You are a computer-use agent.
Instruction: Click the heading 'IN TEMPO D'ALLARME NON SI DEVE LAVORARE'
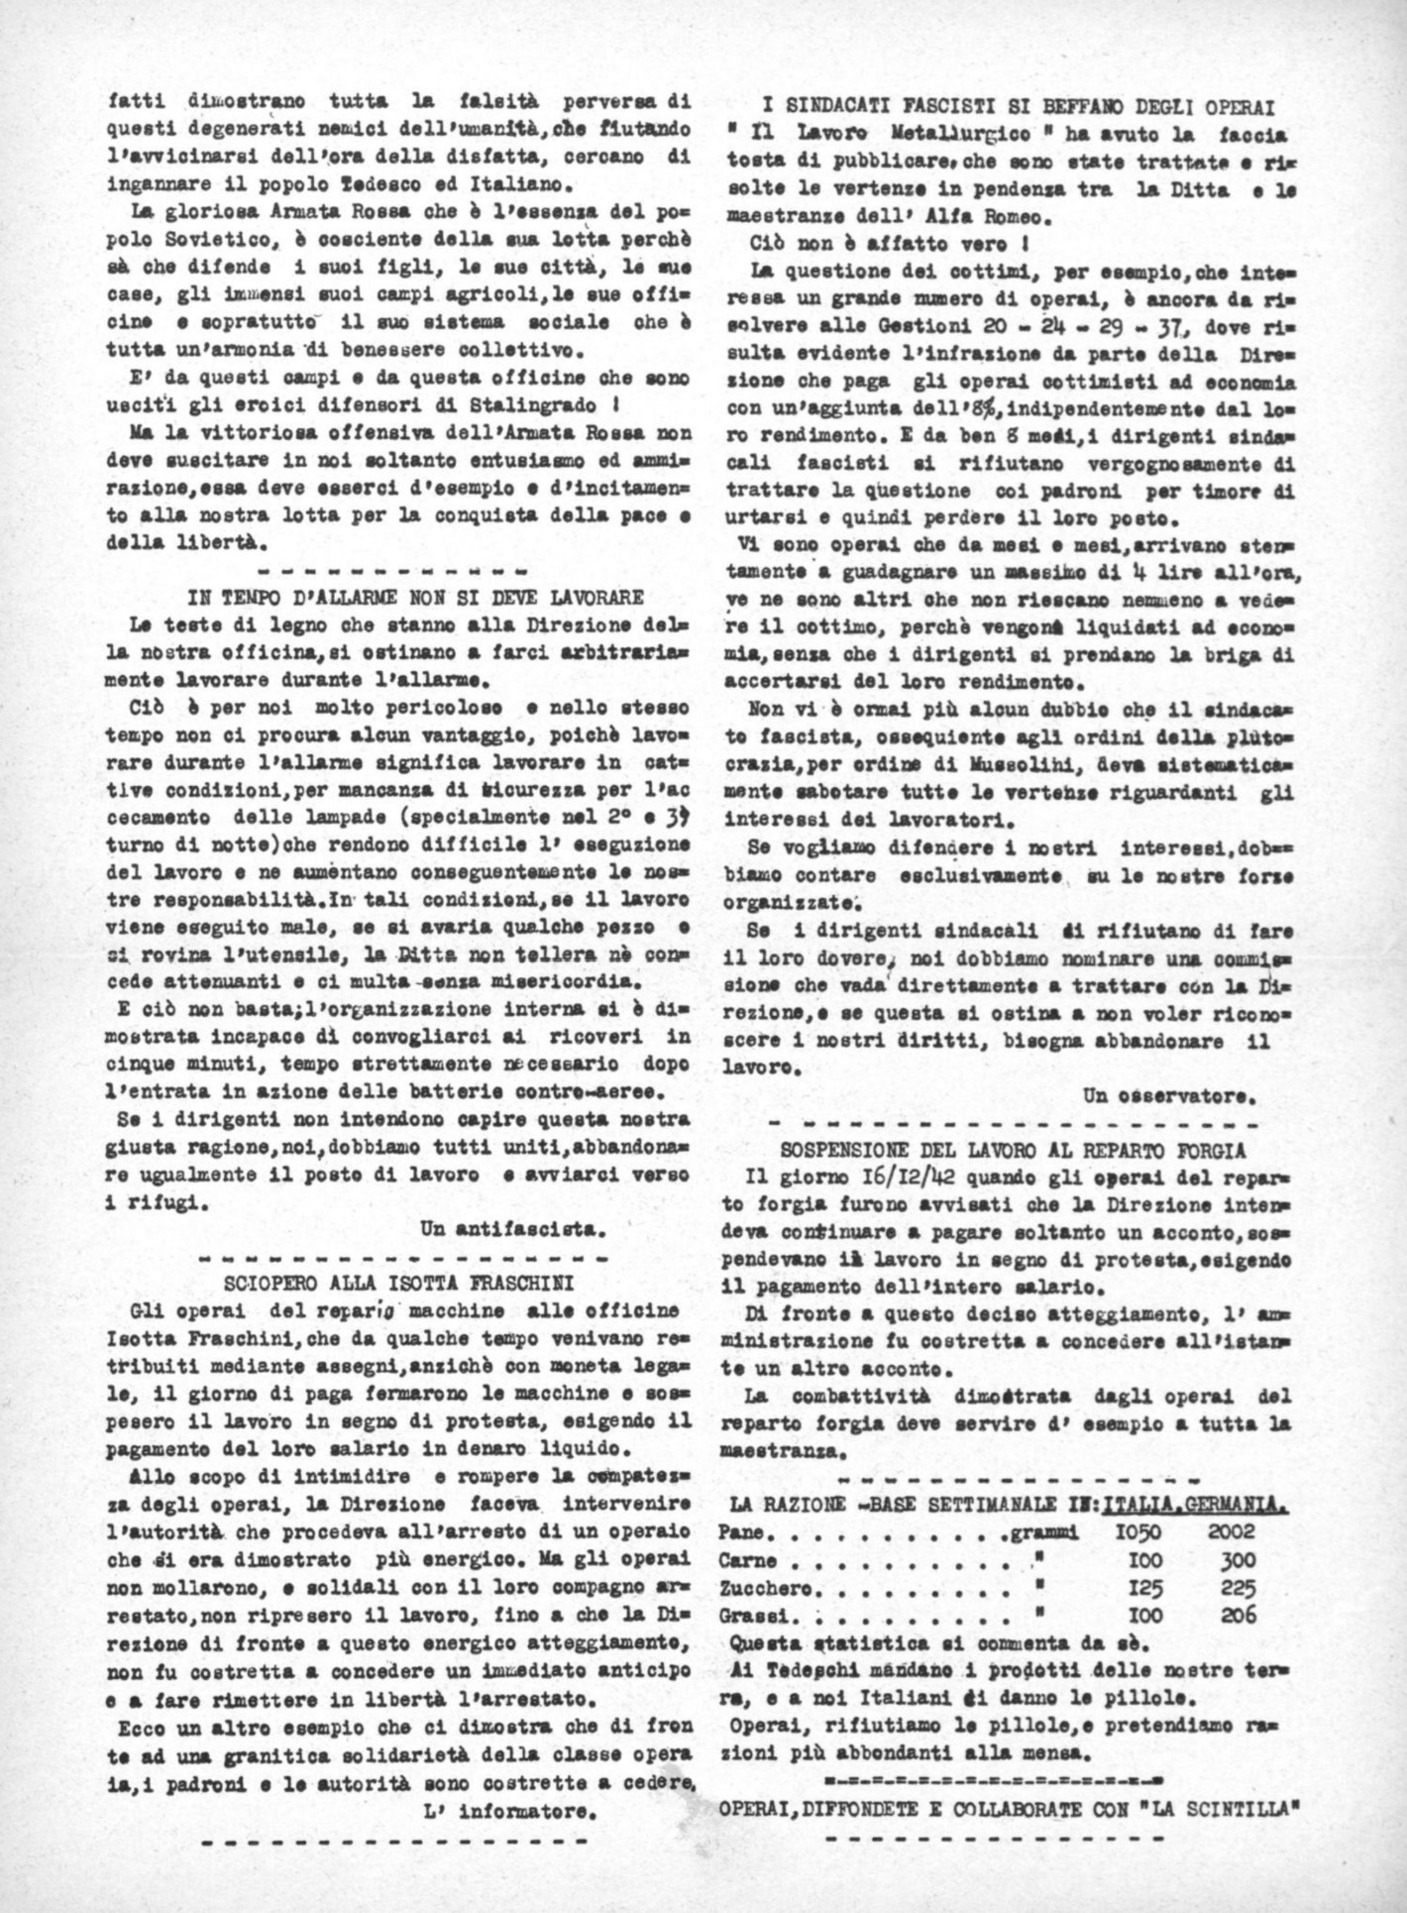pos(415,596)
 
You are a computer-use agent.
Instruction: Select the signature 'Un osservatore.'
pos(1170,1096)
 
